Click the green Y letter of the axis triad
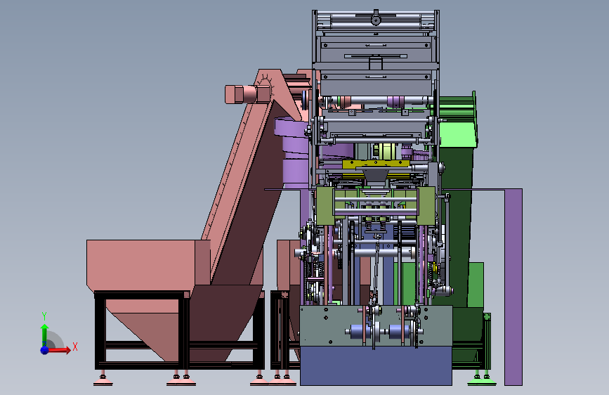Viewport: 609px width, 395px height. (44, 316)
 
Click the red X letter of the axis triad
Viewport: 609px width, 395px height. (75, 347)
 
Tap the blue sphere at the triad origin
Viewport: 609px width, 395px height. (45, 350)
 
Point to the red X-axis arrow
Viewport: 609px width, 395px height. (58, 350)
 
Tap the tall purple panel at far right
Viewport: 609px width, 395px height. (513, 287)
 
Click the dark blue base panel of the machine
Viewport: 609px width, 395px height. (376, 365)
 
